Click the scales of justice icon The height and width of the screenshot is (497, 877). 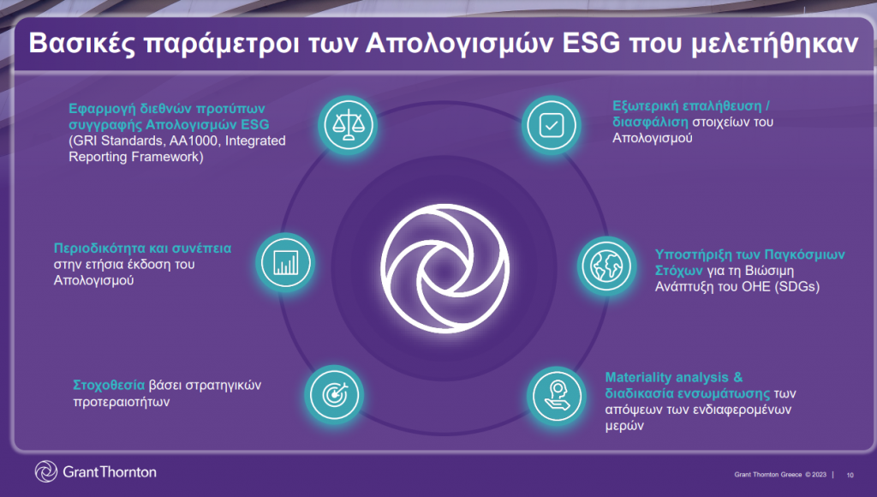click(x=348, y=125)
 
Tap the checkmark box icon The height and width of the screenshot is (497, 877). click(x=552, y=125)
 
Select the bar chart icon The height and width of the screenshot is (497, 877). click(x=285, y=262)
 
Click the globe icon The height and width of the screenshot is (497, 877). click(x=606, y=266)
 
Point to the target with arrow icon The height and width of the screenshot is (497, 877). click(x=335, y=395)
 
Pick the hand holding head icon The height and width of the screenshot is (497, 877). click(x=557, y=396)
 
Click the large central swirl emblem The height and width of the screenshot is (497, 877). click(x=445, y=268)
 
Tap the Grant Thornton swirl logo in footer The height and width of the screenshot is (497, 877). click(x=46, y=471)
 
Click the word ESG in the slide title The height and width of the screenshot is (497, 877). click(x=591, y=43)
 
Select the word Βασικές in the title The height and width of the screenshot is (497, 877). click(x=81, y=44)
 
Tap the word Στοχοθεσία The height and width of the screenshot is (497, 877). click(x=109, y=385)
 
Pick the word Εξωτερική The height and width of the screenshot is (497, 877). click(x=643, y=106)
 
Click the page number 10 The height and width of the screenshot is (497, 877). click(x=850, y=476)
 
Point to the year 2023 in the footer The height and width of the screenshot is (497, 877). click(x=820, y=475)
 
